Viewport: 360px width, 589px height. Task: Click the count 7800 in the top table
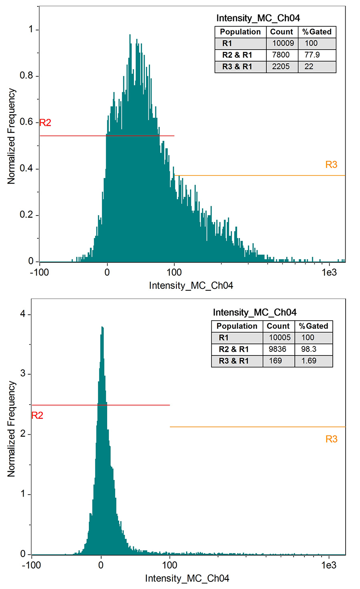[281, 55]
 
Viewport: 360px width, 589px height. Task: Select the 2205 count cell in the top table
[281, 67]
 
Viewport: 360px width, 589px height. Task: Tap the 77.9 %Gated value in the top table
[312, 55]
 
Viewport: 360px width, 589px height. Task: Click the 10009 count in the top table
[283, 44]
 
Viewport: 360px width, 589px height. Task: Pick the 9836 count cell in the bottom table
[277, 349]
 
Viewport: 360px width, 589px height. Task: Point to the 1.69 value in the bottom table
[308, 361]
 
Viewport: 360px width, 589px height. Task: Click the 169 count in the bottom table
[275, 361]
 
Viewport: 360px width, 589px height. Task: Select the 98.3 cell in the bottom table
[308, 349]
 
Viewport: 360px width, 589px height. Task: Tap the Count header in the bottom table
[278, 326]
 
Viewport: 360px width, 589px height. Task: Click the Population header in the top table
[240, 32]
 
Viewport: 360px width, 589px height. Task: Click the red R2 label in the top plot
[45, 123]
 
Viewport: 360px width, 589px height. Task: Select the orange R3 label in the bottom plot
[331, 439]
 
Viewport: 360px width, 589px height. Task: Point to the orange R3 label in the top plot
[331, 165]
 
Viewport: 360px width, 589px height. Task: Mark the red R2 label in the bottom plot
[37, 416]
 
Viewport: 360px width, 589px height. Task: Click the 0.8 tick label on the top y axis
[26, 76]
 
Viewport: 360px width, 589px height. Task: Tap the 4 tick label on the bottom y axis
[23, 314]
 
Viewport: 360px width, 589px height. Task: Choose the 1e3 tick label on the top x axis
[329, 273]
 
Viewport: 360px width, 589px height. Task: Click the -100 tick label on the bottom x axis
[31, 565]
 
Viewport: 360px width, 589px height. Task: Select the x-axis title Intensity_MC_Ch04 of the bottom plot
[187, 579]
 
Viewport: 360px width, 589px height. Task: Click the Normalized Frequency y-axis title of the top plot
[11, 136]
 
